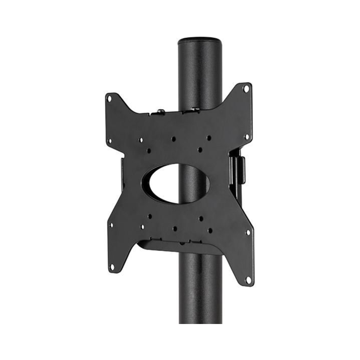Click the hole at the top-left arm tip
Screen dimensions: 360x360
(109, 99)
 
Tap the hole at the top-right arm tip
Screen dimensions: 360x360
(246, 89)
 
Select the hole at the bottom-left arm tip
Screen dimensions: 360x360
(112, 267)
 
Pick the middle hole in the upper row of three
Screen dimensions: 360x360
(173, 139)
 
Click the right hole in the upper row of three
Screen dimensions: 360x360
(209, 137)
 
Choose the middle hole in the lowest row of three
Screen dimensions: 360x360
(175, 229)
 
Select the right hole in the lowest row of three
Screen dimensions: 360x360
(210, 230)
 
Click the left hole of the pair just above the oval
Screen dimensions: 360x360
(149, 151)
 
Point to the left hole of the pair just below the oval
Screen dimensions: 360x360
(150, 216)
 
